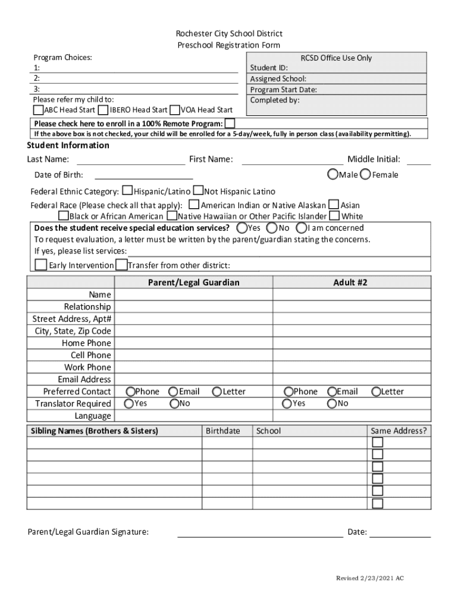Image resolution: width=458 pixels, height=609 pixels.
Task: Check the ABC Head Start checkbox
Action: pos(39,110)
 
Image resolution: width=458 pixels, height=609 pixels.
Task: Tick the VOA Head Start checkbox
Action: pos(175,110)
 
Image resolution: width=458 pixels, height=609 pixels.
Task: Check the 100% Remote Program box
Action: pos(230,123)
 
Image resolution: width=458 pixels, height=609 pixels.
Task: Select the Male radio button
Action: pos(332,174)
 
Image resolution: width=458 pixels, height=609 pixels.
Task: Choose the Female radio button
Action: pos(365,174)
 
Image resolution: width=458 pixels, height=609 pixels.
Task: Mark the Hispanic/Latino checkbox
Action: pos(127,191)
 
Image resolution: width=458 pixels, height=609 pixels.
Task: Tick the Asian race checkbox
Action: pos(334,205)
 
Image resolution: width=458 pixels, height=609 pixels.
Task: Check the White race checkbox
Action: pos(335,216)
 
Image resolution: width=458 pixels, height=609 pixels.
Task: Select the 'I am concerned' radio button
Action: pos(302,228)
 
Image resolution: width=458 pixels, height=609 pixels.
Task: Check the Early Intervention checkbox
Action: pos(40,265)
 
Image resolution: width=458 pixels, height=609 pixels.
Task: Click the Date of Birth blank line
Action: pos(143,175)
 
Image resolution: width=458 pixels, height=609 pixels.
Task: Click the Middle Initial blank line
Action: pos(419,160)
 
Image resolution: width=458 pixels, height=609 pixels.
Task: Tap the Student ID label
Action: pos(269,68)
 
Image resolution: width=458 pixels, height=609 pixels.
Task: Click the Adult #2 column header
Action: pos(350,282)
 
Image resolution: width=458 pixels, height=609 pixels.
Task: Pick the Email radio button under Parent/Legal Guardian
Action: pos(173,391)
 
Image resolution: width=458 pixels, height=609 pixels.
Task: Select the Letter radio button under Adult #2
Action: pos(376,391)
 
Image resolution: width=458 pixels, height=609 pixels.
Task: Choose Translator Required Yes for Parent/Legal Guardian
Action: pos(129,403)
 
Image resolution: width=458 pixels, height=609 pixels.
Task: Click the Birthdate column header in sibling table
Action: pos(223,431)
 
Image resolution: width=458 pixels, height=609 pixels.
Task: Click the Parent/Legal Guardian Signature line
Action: pos(260,532)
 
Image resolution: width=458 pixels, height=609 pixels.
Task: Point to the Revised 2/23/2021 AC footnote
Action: pos(370,578)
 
